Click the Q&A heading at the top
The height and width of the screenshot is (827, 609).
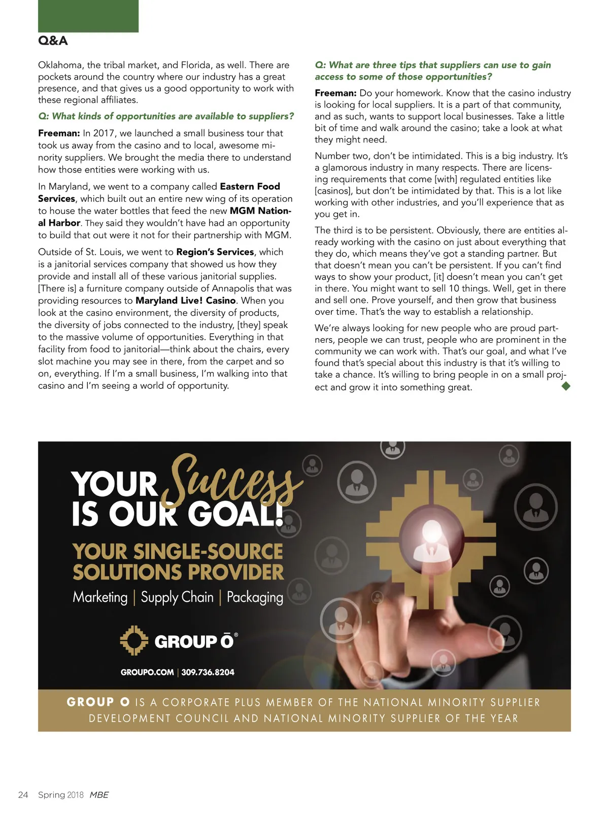pos(53,41)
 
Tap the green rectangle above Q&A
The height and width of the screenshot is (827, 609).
pos(88,16)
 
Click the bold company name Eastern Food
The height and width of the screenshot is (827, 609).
pos(250,186)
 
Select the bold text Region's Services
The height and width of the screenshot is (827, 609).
pos(215,251)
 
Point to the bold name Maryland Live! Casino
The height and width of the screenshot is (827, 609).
pos(185,300)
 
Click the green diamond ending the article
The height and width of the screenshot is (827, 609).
pos(566,386)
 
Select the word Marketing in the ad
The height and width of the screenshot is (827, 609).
pos(100,597)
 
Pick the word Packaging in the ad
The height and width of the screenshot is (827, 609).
pos(255,597)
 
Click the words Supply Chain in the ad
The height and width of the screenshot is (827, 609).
pos(177,597)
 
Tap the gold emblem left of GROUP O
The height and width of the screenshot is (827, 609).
pos(134,640)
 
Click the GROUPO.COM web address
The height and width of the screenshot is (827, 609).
pos(147,672)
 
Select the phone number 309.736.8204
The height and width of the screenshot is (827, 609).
pos(208,672)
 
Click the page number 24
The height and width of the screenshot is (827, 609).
pos(23,795)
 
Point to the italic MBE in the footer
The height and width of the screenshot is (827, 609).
pos(99,795)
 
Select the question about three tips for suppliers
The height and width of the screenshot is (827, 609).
pos(432,70)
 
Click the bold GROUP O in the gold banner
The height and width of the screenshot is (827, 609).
pos(98,702)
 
